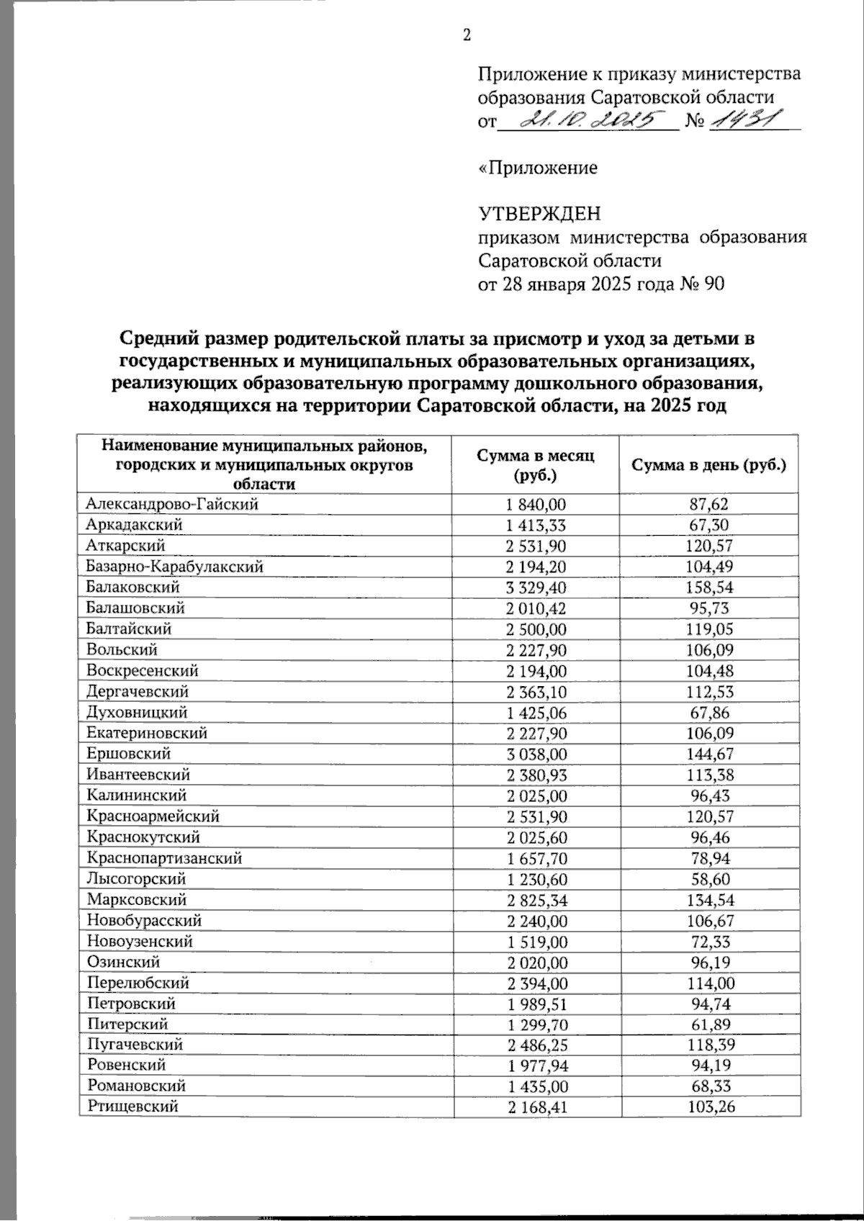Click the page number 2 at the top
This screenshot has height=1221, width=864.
[467, 35]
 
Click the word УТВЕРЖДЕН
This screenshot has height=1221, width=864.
[539, 214]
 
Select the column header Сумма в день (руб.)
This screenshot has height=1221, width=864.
[708, 464]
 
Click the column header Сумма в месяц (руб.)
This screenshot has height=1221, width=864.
[536, 464]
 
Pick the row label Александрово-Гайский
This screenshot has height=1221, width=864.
[172, 504]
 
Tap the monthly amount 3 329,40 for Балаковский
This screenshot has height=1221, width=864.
[536, 587]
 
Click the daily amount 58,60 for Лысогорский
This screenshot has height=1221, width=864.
[708, 879]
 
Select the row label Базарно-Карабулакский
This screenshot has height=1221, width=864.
[174, 567]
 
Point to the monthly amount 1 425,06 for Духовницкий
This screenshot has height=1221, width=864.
[536, 713]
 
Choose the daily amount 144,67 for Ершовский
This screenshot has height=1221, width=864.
[708, 754]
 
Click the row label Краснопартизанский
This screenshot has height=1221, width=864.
[164, 858]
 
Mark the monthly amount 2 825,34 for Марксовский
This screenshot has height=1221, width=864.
[536, 900]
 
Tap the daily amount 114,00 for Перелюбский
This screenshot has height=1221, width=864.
[708, 983]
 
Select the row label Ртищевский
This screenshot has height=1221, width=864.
[132, 1107]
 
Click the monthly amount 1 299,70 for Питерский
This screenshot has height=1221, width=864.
[536, 1024]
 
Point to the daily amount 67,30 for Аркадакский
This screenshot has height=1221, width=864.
[708, 525]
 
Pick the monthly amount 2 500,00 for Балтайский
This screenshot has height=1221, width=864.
[536, 629]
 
